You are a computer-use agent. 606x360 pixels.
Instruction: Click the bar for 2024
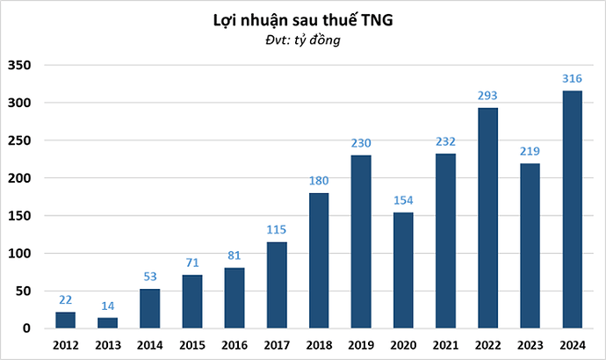[572, 210]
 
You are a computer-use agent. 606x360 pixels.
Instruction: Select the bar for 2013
[107, 323]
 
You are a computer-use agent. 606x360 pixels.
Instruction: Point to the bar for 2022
[487, 219]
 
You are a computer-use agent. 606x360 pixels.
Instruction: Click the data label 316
[572, 79]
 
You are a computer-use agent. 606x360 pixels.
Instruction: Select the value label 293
[487, 96]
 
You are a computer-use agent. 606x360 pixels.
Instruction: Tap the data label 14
[107, 306]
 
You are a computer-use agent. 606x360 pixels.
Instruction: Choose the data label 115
[276, 230]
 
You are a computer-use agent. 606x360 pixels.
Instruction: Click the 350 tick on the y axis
[19, 66]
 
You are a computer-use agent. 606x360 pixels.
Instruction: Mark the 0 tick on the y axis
[27, 328]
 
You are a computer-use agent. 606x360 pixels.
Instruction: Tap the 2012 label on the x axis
[65, 344]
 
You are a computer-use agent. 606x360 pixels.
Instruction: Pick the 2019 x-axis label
[360, 344]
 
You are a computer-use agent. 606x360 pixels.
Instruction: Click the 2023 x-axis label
[529, 344]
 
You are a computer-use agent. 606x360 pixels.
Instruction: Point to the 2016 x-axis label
[234, 344]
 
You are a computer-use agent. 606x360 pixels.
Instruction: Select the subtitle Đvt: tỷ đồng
[303, 40]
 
